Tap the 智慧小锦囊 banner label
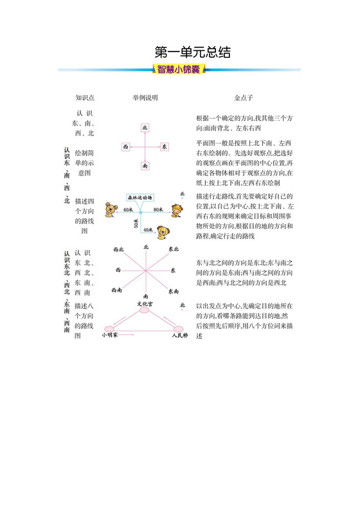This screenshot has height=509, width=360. tap(179, 69)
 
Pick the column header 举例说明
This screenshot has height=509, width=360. tap(145, 98)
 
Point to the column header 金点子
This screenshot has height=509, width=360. tap(244, 98)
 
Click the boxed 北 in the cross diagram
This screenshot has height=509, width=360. tap(145, 128)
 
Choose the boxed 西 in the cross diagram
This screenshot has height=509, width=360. tap(126, 147)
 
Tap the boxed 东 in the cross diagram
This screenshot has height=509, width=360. tap(165, 147)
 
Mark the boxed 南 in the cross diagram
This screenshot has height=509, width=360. tap(145, 166)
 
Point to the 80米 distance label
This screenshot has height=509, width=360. tap(157, 210)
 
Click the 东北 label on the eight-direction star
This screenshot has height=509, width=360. tap(174, 249)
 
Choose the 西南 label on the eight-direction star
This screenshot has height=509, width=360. tap(118, 290)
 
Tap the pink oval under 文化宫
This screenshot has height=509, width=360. tap(144, 310)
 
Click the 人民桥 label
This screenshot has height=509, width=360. tap(179, 335)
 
